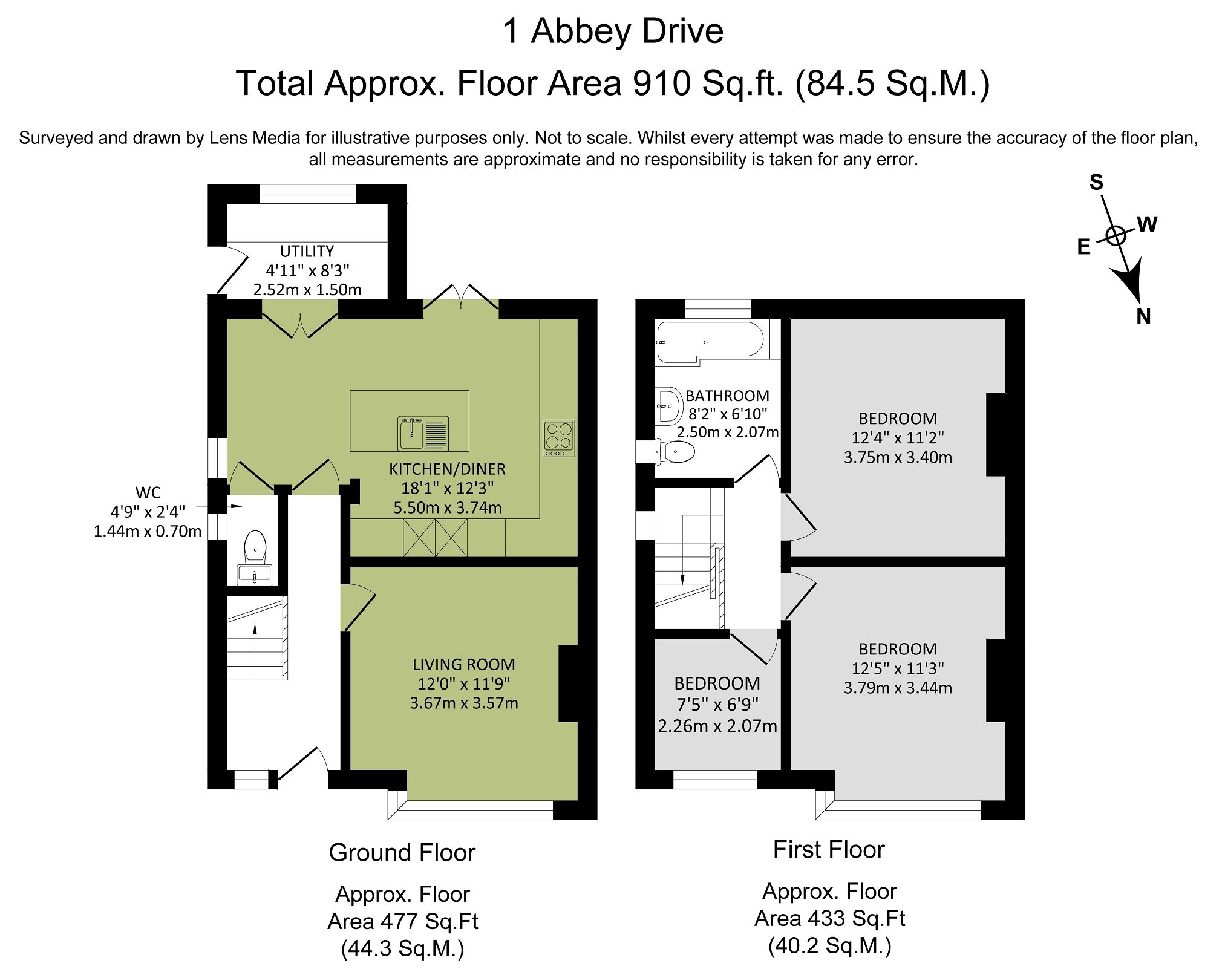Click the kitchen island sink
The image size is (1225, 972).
(x=422, y=433)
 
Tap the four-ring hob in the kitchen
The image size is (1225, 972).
(x=558, y=438)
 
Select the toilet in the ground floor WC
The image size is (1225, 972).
(x=255, y=546)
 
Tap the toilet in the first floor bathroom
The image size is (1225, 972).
(x=676, y=451)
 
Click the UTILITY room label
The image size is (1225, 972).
(x=307, y=251)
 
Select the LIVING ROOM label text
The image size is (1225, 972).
(x=463, y=664)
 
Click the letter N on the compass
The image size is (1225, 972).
(x=1143, y=316)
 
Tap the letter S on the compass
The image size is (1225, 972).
(x=1096, y=182)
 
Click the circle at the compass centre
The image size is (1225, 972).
(x=1116, y=235)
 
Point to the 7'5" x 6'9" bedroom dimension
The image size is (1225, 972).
(x=717, y=704)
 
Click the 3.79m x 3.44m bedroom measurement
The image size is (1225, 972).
(x=898, y=688)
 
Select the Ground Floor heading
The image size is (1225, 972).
(x=402, y=853)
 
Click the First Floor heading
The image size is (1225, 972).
(x=828, y=850)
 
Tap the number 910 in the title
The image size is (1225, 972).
(x=661, y=83)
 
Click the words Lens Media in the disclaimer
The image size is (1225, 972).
(x=254, y=138)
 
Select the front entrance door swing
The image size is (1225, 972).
(x=302, y=765)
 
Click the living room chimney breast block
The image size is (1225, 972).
(x=569, y=683)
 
